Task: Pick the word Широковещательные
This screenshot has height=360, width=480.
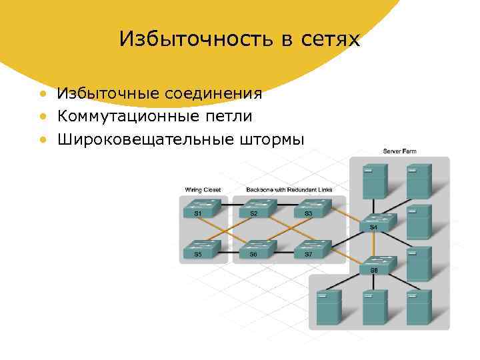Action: tap(143, 139)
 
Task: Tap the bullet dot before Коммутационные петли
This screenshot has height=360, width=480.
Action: tap(43, 117)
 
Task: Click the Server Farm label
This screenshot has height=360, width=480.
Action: tap(399, 151)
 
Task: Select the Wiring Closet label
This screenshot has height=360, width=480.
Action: tap(203, 190)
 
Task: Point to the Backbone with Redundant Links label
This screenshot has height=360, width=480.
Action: tap(289, 190)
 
